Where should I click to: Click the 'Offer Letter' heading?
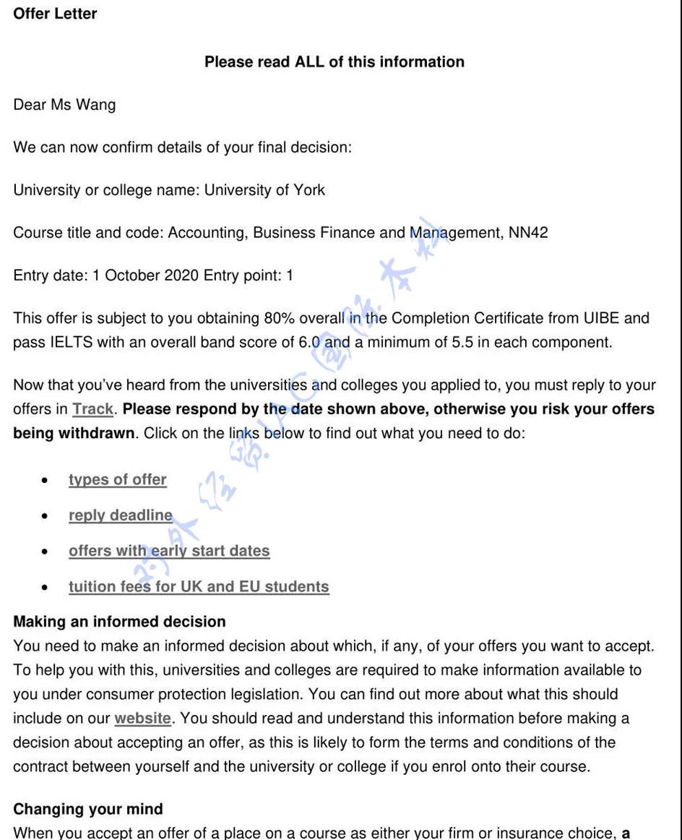[55, 14]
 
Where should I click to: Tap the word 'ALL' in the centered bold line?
[309, 62]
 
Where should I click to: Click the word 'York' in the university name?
[308, 190]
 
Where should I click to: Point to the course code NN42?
[528, 233]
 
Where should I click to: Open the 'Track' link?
[92, 410]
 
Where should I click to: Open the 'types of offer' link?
[118, 480]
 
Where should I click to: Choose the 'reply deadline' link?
[121, 515]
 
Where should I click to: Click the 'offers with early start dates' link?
[169, 551]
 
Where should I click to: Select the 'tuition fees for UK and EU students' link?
[199, 586]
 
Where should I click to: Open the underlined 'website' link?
[142, 719]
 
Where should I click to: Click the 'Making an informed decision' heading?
[119, 622]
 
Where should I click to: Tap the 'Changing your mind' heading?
[88, 809]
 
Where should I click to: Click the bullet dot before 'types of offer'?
[46, 481]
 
